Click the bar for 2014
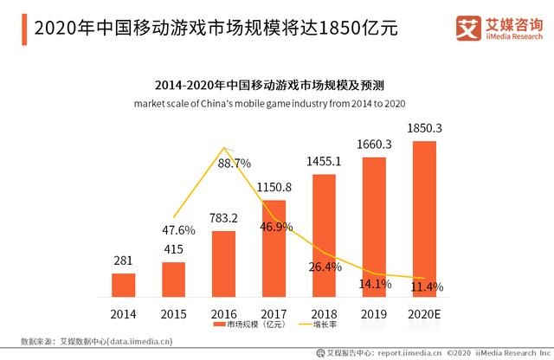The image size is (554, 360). pos(123,285)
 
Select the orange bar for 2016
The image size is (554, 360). pos(223,264)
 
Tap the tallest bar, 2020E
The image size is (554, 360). pos(424,219)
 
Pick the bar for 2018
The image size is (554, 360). pos(324,235)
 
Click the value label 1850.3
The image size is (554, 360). pos(424,128)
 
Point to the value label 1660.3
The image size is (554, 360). pos(374,145)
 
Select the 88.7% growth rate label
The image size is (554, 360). pos(235,164)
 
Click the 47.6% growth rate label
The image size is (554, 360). pos(178,230)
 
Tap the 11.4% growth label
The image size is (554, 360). pos(427,286)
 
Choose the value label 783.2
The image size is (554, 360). pos(223,218)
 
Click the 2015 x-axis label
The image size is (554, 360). pos(173,314)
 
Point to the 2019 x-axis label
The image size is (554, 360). pos(374,314)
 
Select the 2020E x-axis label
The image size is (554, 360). pos(424,314)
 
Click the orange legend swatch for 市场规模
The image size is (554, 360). pos(219,325)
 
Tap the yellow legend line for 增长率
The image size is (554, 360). pos(305,325)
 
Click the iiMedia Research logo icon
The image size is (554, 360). pos(468,29)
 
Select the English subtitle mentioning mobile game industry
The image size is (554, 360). pos(269,104)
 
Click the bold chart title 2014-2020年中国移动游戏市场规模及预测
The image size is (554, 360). pos(269,85)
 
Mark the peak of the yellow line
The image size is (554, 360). pos(224,148)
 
